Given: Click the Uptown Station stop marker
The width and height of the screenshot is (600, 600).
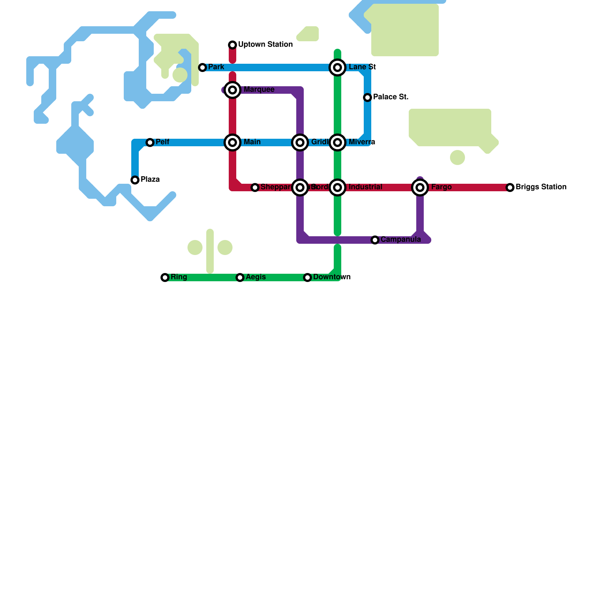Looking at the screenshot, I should pyautogui.click(x=232, y=45).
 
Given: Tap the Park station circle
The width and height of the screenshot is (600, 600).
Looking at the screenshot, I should pyautogui.click(x=202, y=67).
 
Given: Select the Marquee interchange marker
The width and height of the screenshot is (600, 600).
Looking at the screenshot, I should pyautogui.click(x=232, y=90).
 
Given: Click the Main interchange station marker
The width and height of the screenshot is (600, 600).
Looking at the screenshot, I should pyautogui.click(x=232, y=142).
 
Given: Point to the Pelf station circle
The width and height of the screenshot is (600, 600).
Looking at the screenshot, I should pyautogui.click(x=150, y=142).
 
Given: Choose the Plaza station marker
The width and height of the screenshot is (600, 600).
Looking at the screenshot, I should pyautogui.click(x=135, y=180).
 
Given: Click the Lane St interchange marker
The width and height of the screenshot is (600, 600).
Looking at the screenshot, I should pyautogui.click(x=337, y=67).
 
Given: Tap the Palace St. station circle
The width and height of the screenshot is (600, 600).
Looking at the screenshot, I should pyautogui.click(x=367, y=97).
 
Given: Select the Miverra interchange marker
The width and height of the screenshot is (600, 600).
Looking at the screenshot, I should pyautogui.click(x=337, y=142).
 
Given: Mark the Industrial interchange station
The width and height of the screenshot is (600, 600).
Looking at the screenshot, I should pyautogui.click(x=337, y=187).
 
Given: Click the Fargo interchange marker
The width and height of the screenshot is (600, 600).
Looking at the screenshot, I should pyautogui.click(x=420, y=187).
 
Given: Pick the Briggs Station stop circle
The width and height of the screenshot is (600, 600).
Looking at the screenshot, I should pyautogui.click(x=510, y=187).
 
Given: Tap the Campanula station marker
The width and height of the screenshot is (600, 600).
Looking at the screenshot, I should pyautogui.click(x=375, y=240).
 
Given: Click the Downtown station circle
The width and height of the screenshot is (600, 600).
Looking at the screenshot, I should pyautogui.click(x=307, y=277).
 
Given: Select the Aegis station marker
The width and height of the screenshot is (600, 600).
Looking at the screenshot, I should pyautogui.click(x=240, y=277).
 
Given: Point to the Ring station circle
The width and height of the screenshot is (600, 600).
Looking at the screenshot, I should pyautogui.click(x=165, y=277).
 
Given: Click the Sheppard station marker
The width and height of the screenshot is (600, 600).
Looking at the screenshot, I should pyautogui.click(x=255, y=187).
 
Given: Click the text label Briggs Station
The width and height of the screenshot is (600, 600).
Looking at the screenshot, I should pyautogui.click(x=541, y=187).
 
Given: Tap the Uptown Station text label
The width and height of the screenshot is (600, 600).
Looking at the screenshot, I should pyautogui.click(x=265, y=44).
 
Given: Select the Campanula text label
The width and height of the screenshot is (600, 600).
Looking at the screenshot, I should pyautogui.click(x=400, y=239).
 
